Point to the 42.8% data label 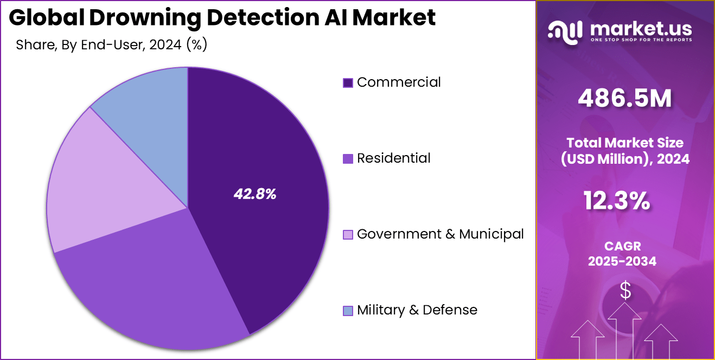(255, 195)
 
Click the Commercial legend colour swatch (348, 83)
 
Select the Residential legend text (393, 158)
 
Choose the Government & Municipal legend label (440, 234)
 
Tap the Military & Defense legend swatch (348, 311)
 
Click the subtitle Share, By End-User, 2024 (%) (112, 45)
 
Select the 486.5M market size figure (625, 98)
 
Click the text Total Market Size (625, 143)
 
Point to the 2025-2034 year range (622, 261)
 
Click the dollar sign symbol (625, 291)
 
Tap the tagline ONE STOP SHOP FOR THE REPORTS (640, 40)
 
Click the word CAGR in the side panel (622, 247)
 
